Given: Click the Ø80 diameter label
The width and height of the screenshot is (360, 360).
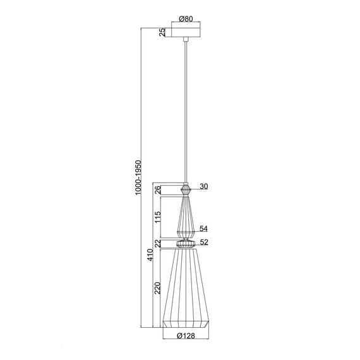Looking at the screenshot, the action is click(186, 18).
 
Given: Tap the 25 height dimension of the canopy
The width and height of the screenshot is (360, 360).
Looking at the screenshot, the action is click(162, 32).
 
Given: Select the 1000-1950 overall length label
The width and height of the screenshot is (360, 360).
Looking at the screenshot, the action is click(138, 177).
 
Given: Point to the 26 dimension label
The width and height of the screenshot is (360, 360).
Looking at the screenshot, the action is click(158, 190).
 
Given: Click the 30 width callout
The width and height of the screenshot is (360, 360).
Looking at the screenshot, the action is click(203, 186).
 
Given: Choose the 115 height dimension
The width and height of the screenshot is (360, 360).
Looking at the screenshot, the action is click(158, 217).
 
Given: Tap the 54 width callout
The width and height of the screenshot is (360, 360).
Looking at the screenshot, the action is click(203, 229).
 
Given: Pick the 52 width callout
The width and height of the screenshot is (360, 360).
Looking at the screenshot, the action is click(204, 242).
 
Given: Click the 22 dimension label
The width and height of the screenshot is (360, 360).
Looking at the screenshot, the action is click(158, 244).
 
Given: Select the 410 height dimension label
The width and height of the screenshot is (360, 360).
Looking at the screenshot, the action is click(150, 255).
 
